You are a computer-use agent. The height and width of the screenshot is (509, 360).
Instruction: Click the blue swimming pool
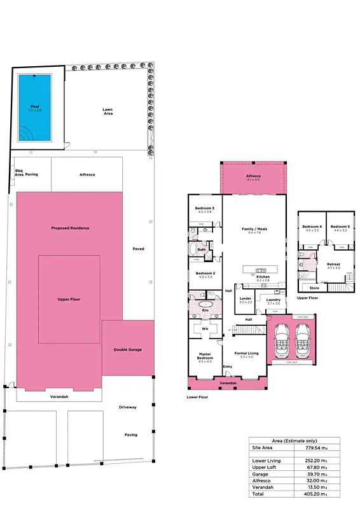tap(34, 108)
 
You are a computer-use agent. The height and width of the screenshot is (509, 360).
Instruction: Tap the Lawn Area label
tap(108, 111)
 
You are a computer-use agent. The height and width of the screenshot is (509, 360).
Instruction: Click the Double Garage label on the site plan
tap(128, 349)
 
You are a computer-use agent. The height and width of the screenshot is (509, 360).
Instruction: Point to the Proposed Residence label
tap(70, 228)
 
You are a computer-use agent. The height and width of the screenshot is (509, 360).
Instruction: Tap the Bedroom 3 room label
tap(204, 208)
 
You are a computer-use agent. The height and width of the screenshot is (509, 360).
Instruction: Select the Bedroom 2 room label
tap(204, 273)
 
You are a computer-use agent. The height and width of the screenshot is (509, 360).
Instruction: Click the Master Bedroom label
tap(204, 356)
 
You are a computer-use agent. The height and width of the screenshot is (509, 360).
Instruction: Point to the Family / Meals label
tap(254, 228)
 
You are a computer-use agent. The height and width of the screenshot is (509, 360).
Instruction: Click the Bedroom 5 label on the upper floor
tap(340, 227)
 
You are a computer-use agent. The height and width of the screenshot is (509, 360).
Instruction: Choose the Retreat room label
tap(333, 264)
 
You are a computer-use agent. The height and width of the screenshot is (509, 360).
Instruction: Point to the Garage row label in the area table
tap(260, 474)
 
